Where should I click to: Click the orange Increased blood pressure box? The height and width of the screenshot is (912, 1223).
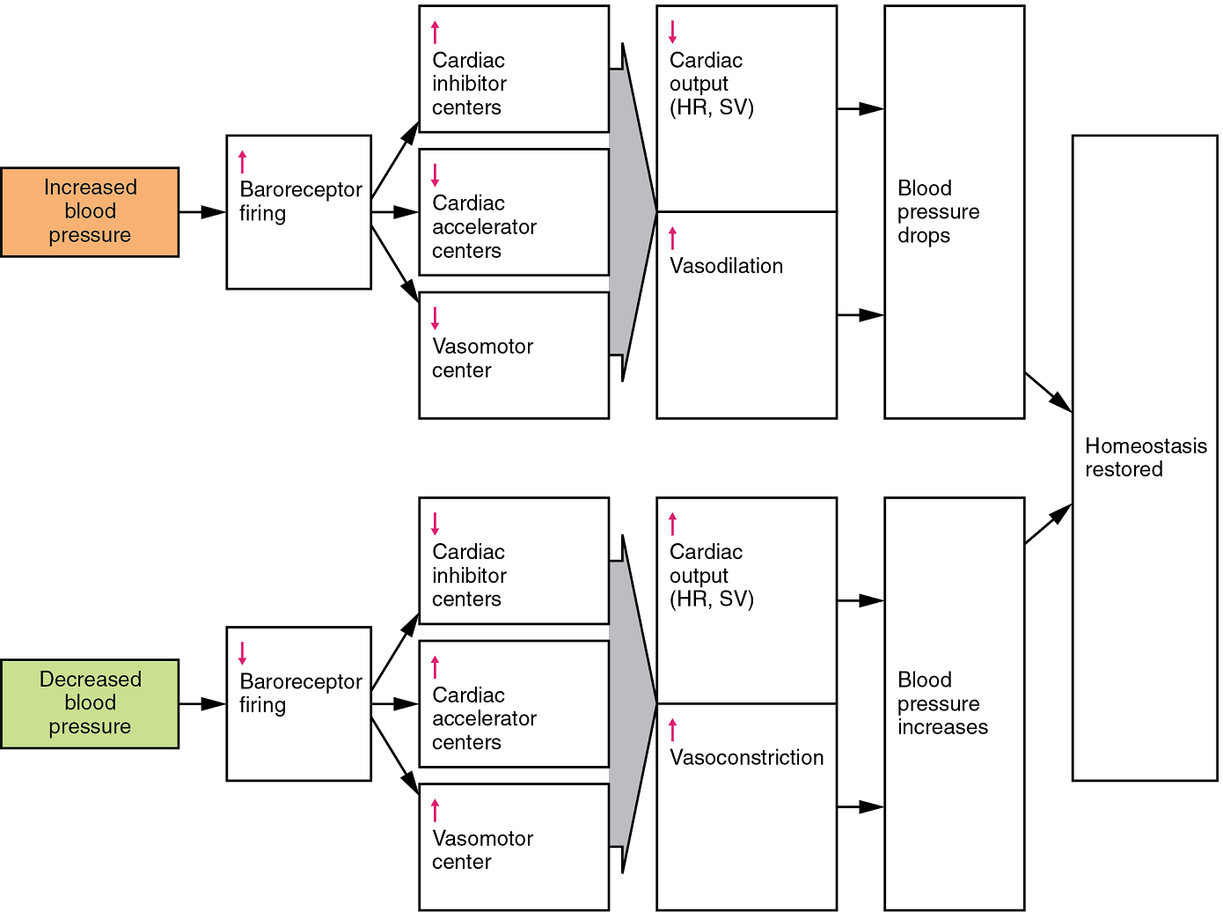coord(90,212)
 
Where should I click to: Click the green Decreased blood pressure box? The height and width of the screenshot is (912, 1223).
coord(90,703)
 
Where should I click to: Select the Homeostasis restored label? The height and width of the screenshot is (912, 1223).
coord(1145,458)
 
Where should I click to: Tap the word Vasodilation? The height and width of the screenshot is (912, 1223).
coord(726,266)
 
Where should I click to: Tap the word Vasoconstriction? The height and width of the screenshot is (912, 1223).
coord(746,757)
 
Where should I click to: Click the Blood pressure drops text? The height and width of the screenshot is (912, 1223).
coord(938,212)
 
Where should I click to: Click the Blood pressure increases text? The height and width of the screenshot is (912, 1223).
coord(941,703)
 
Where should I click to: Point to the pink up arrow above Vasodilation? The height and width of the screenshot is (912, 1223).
coord(673,238)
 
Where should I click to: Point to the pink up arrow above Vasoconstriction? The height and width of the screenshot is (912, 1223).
coord(673,729)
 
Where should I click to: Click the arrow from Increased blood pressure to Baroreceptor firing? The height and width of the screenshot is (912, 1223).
coord(202,212)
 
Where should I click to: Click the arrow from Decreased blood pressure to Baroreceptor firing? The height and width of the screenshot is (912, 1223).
coord(202,703)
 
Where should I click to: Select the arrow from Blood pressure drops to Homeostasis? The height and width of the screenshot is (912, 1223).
coord(1048,392)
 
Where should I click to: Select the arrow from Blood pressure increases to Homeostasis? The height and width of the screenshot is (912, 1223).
coord(1048,524)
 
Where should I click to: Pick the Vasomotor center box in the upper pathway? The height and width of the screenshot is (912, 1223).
coord(514,356)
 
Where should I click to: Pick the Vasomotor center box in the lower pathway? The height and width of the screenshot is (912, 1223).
coord(514,847)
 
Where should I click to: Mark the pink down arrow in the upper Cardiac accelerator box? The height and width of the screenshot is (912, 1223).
coord(435,174)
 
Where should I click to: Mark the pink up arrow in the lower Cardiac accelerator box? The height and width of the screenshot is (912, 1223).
coord(435,666)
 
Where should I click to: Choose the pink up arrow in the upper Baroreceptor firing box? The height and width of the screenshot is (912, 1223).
coord(243,162)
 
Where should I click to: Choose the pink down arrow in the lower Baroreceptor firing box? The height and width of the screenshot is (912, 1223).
coord(243,653)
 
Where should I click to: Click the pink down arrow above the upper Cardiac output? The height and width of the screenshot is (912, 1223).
coord(673,32)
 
